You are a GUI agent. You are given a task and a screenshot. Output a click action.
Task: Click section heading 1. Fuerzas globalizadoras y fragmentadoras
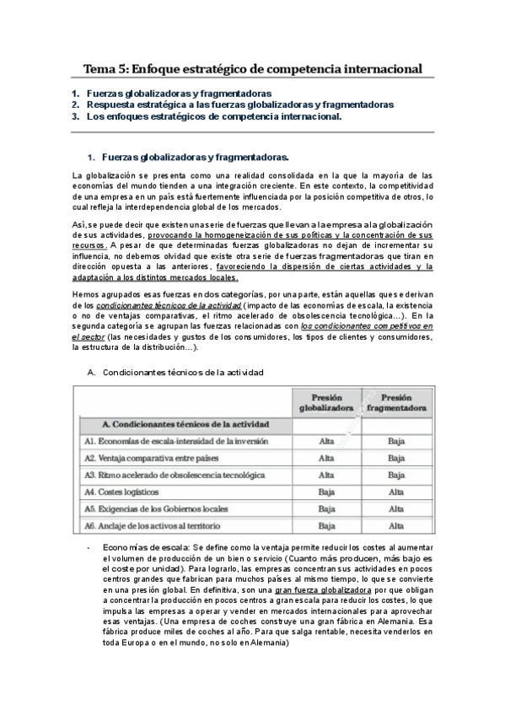point(195,157)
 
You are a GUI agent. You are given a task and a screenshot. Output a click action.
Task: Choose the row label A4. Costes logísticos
point(121,492)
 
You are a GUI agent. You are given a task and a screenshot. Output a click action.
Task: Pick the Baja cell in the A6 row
point(325,525)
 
